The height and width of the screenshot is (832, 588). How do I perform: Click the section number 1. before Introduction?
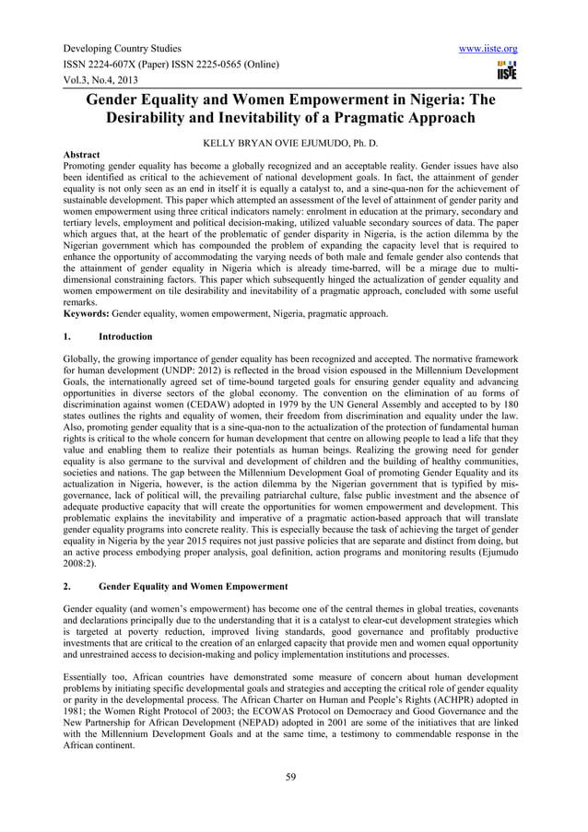pyautogui.click(x=66, y=336)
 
